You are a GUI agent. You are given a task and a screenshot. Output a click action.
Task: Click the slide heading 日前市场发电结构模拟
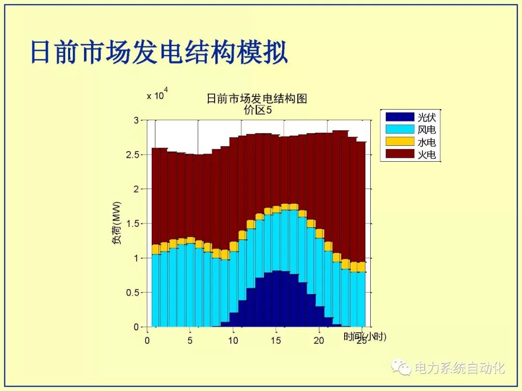click(159, 53)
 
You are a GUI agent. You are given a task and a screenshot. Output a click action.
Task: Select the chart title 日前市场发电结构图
click(257, 99)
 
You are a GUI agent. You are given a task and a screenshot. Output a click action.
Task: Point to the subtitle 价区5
click(258, 111)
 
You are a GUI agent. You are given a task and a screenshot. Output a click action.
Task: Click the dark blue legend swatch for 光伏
click(400, 117)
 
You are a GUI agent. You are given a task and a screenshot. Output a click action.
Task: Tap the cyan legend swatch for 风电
click(400, 129)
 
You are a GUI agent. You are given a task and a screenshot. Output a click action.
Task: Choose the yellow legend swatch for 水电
click(400, 142)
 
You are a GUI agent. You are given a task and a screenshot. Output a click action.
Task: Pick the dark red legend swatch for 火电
click(400, 154)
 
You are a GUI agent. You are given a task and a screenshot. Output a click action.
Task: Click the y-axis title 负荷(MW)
click(117, 223)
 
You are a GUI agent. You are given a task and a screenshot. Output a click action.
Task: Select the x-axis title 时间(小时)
click(365, 336)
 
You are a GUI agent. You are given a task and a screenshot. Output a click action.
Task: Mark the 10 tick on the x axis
click(233, 340)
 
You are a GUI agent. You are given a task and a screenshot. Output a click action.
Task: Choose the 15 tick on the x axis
click(276, 340)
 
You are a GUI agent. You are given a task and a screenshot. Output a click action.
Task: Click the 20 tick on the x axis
click(319, 340)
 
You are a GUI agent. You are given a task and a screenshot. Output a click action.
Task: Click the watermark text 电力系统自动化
click(460, 368)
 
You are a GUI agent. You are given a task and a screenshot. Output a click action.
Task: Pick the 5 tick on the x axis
click(190, 340)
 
